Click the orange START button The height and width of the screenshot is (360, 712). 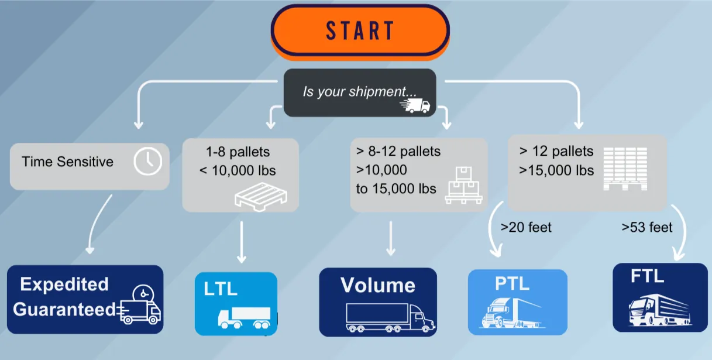tap(360, 30)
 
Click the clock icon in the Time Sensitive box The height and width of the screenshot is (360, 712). tap(147, 161)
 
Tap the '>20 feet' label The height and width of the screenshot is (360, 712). tap(526, 227)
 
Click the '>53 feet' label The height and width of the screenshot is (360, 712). tap(646, 227)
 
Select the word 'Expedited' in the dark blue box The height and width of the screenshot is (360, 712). tap(64, 284)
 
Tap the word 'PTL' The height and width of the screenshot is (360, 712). tap(512, 284)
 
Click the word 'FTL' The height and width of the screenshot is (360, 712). tap(647, 276)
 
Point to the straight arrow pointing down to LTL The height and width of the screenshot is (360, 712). tap(241, 241)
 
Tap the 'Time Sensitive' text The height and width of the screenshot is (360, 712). tap(67, 162)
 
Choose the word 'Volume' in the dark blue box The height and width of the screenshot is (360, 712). tap(378, 285)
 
